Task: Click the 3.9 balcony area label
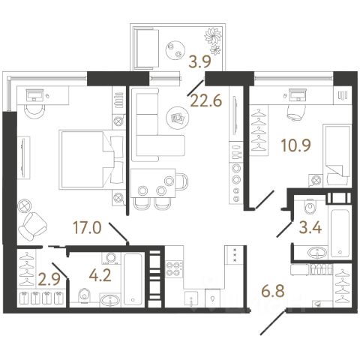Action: click(200, 62)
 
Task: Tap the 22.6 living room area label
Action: click(206, 101)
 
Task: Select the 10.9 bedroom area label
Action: click(295, 145)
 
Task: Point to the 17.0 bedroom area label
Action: click(87, 228)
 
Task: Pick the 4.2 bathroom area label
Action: click(100, 275)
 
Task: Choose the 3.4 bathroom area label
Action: click(310, 228)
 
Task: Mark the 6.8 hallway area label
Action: click(273, 292)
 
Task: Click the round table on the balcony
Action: click(175, 49)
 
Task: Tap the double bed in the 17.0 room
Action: click(91, 159)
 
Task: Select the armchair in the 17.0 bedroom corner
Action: click(32, 226)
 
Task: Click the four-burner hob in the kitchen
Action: click(174, 269)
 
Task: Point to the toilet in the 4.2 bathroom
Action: click(85, 295)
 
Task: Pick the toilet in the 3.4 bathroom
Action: click(310, 206)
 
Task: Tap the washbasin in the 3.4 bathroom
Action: click(317, 253)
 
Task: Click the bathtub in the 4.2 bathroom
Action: click(133, 280)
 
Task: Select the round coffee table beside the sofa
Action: click(176, 118)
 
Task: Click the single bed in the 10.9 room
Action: click(337, 155)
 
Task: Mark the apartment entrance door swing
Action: click(273, 322)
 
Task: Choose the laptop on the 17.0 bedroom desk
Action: click(34, 94)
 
